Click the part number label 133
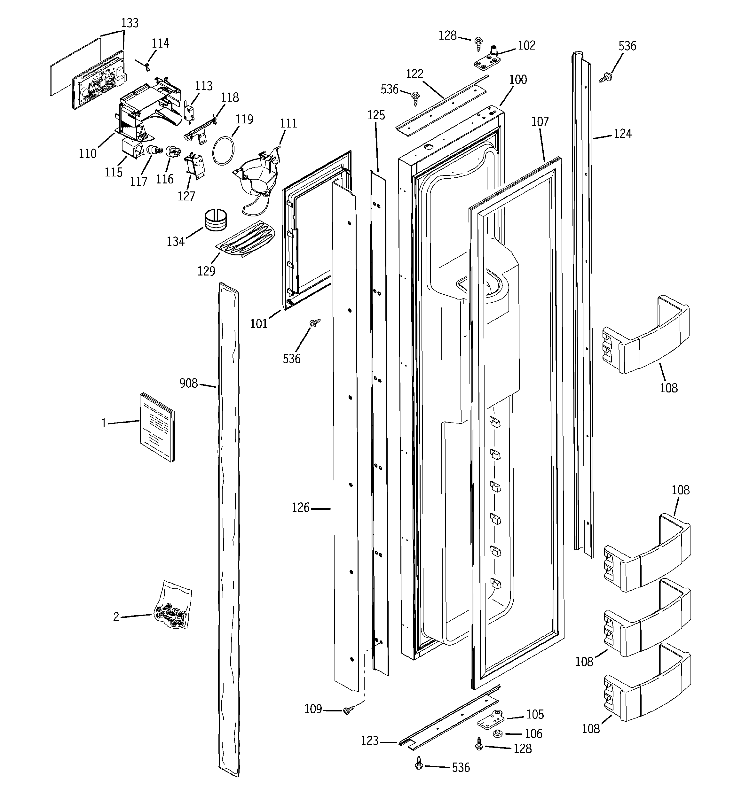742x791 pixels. tap(130, 23)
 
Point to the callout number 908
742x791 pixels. tap(188, 383)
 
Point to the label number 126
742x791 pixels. tap(300, 508)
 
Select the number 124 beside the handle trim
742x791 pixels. tap(622, 134)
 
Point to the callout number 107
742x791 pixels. tap(540, 122)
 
